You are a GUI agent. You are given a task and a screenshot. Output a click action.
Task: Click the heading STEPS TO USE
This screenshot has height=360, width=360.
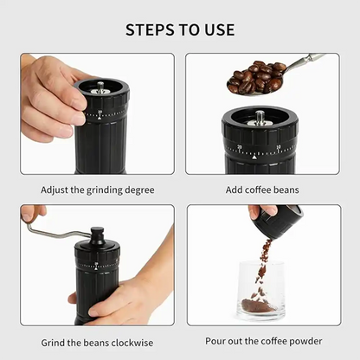tap(180, 29)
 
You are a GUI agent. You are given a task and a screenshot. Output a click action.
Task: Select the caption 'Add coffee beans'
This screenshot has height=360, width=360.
tap(264, 189)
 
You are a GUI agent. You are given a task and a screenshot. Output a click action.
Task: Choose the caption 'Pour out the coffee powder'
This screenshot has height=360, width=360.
tap(264, 340)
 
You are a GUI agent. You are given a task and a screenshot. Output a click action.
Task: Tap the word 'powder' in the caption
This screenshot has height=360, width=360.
tap(304, 340)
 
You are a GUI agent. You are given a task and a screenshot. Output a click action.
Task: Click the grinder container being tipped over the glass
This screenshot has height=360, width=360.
tap(277, 222)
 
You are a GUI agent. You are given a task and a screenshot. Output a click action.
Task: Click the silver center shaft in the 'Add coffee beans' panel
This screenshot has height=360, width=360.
tap(259, 117)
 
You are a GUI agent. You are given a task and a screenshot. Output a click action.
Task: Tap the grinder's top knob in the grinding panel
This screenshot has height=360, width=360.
tap(97, 235)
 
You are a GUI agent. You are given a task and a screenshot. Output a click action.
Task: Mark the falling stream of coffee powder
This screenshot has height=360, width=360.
tap(262, 264)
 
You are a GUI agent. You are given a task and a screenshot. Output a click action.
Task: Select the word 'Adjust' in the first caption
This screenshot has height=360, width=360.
tap(55, 189)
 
